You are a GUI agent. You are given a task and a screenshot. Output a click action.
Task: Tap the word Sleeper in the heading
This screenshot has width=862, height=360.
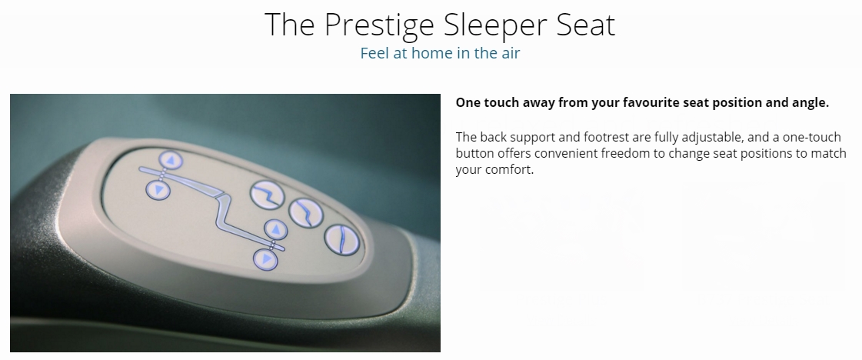point(495,25)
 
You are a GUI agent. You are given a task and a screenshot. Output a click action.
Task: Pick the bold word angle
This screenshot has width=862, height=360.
point(811,103)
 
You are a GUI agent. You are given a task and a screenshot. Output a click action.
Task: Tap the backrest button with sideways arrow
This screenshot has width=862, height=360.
point(158,190)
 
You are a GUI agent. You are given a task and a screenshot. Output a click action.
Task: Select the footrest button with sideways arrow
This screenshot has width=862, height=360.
point(265,259)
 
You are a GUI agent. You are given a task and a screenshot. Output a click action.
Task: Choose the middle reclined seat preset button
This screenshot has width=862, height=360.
point(305,213)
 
